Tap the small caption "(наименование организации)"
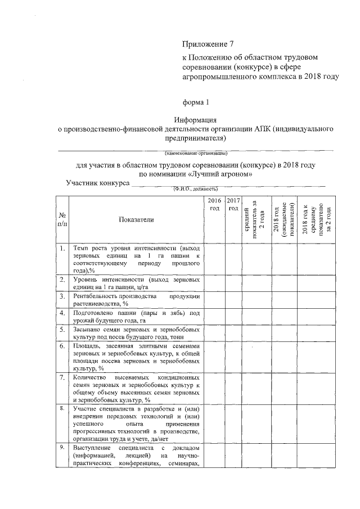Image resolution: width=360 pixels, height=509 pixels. [195, 153]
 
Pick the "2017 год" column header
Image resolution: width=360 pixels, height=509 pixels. [234, 204]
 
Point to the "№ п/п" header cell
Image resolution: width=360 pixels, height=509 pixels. [62, 220]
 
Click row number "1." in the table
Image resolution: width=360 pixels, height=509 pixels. [62, 248]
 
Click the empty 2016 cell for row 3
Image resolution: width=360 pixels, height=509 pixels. [214, 299]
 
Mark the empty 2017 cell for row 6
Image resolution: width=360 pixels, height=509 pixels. [234, 356]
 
